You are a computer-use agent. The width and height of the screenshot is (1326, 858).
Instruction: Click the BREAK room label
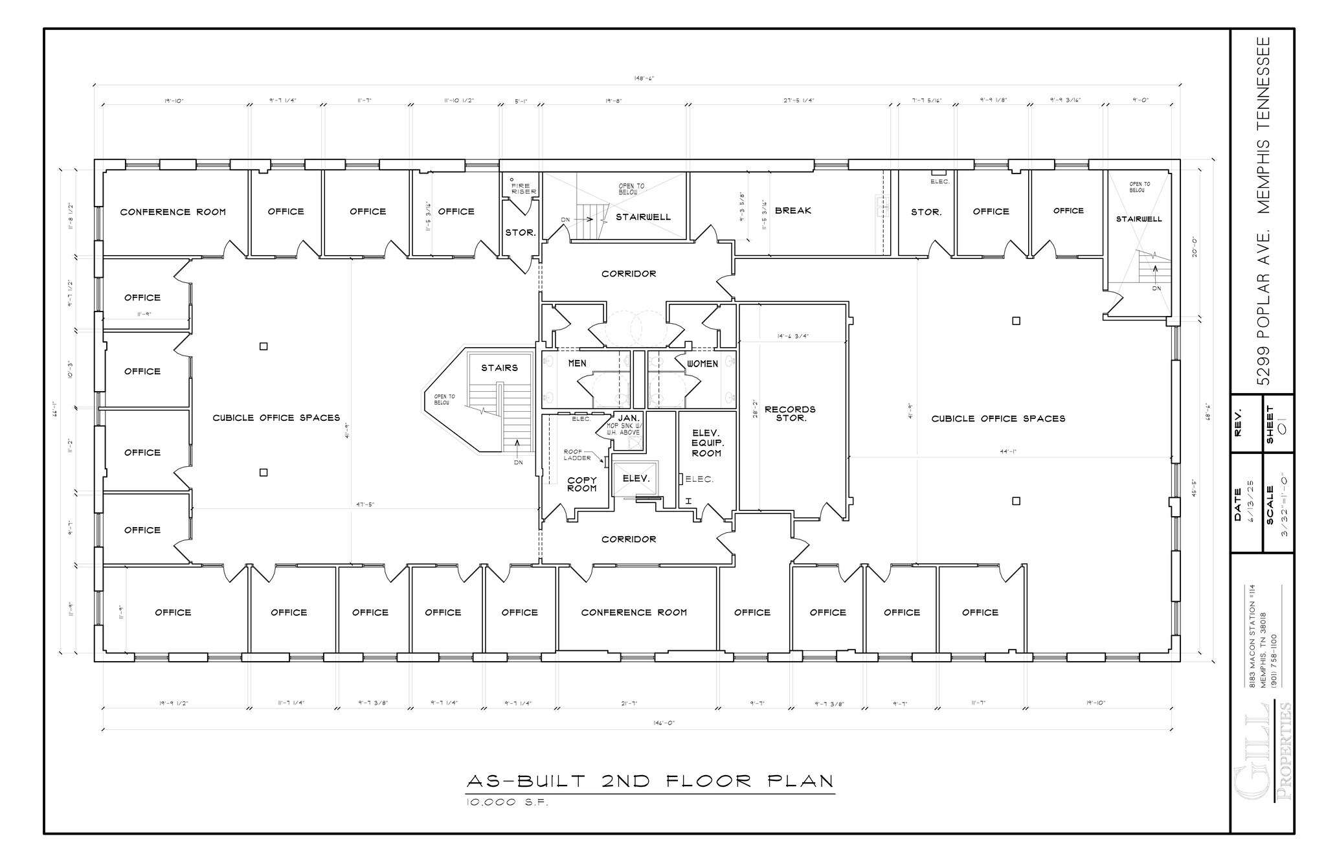pyautogui.click(x=792, y=210)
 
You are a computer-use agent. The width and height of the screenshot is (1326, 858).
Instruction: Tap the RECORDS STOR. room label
pyautogui.click(x=790, y=414)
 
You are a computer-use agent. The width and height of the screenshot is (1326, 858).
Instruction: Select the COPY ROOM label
pyautogui.click(x=581, y=484)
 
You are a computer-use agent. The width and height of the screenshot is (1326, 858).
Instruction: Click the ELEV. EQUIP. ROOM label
pyautogui.click(x=706, y=443)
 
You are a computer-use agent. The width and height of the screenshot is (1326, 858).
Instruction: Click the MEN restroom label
pyautogui.click(x=577, y=363)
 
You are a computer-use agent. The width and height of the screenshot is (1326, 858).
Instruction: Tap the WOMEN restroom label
pyautogui.click(x=702, y=364)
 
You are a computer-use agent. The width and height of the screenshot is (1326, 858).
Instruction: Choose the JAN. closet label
pyautogui.click(x=628, y=418)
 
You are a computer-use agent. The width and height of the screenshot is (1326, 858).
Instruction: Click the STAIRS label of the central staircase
pyautogui.click(x=499, y=368)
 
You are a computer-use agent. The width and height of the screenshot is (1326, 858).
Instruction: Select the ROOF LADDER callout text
pyautogui.click(x=577, y=455)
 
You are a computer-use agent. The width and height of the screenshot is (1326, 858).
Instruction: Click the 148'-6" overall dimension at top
pyautogui.click(x=644, y=78)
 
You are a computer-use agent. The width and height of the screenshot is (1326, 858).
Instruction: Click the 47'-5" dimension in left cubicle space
pyautogui.click(x=365, y=504)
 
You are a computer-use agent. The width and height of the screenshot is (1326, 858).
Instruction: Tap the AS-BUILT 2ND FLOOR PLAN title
pyautogui.click(x=650, y=781)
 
